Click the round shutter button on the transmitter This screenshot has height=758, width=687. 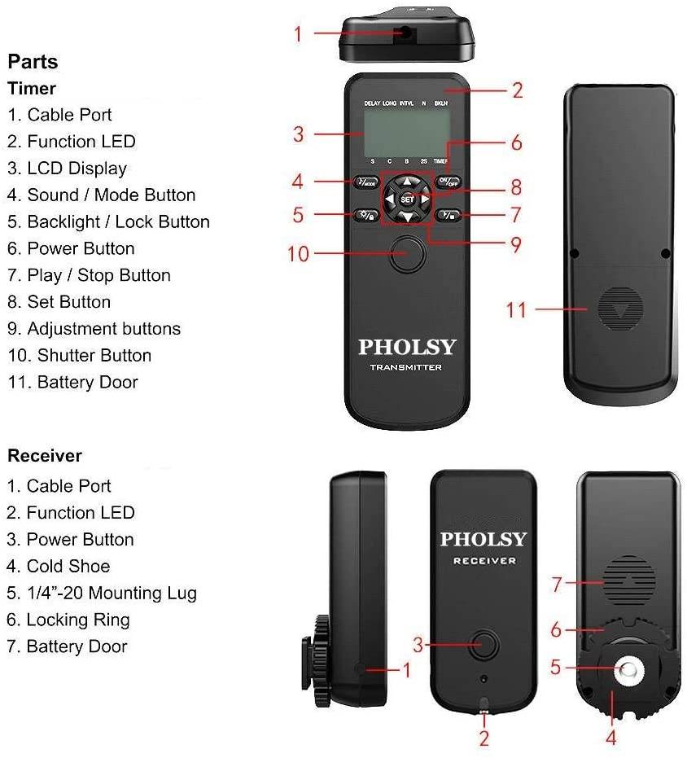407,254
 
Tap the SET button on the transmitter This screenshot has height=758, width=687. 407,199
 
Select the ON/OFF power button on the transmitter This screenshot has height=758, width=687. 449,182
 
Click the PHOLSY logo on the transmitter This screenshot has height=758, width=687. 407,348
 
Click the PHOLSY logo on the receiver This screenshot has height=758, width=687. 484,539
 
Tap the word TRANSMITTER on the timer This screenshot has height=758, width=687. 406,368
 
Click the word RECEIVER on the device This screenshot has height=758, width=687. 484,561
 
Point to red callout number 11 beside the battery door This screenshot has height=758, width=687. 516,309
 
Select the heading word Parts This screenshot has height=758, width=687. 33,62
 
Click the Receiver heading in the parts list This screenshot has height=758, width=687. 45,455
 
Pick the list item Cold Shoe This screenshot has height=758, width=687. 59,566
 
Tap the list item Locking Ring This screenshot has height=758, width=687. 68,620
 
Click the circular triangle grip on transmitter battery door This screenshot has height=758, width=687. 620,309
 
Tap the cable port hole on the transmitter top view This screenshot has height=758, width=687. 405,33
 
